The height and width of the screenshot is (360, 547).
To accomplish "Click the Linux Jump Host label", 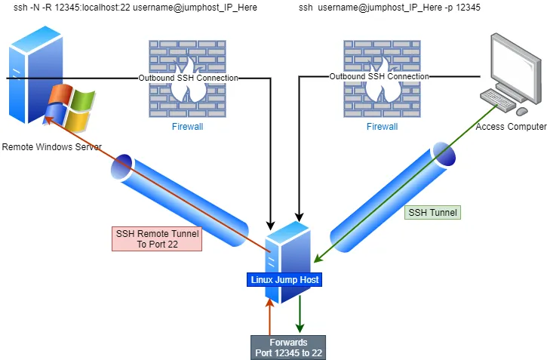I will pyautogui.click(x=285, y=280).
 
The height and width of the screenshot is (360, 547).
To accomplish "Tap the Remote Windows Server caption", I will pyautogui.click(x=51, y=147).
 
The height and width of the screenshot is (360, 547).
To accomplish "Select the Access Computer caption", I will pyautogui.click(x=511, y=127).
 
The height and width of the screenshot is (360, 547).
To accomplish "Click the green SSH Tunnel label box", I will pyautogui.click(x=432, y=213).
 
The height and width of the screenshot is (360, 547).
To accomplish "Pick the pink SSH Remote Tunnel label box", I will pyautogui.click(x=156, y=238).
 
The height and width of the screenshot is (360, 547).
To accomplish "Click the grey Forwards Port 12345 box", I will pyautogui.click(x=287, y=347).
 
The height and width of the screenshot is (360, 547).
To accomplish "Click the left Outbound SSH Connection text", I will pyautogui.click(x=188, y=78).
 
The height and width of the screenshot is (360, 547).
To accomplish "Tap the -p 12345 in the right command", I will pyautogui.click(x=461, y=8).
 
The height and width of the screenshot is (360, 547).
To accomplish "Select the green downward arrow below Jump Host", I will pyautogui.click(x=301, y=314).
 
